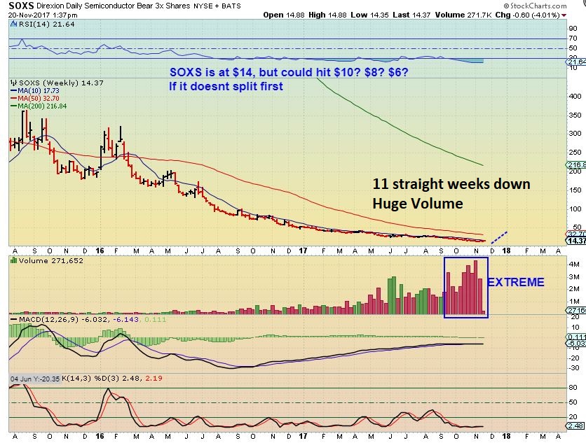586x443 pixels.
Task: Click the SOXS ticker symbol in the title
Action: pyautogui.click(x=20, y=6)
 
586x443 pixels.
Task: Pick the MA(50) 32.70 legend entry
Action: pyautogui.click(x=31, y=97)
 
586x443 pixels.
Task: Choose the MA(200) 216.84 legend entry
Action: pyautogui.click(x=34, y=106)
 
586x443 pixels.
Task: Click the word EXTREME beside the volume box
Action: pyautogui.click(x=515, y=283)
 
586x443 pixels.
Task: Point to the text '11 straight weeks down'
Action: pyautogui.click(x=451, y=185)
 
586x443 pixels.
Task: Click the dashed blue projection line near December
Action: pyautogui.click(x=499, y=236)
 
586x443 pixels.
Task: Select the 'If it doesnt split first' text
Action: pyautogui.click(x=225, y=87)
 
